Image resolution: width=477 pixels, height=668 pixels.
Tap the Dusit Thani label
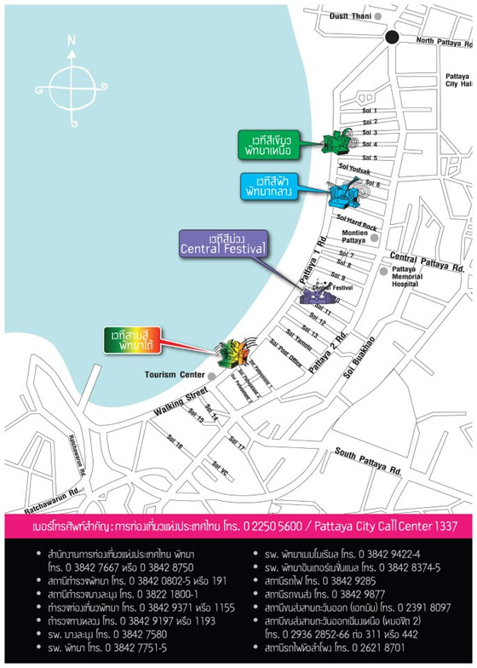tap(350, 16)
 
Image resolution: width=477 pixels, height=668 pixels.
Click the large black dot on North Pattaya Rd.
tap(391, 37)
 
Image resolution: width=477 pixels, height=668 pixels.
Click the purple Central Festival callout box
tap(223, 244)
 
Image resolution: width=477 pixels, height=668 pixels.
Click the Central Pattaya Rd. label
tap(427, 256)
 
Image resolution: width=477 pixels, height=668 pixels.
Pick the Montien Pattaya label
tap(353, 237)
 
